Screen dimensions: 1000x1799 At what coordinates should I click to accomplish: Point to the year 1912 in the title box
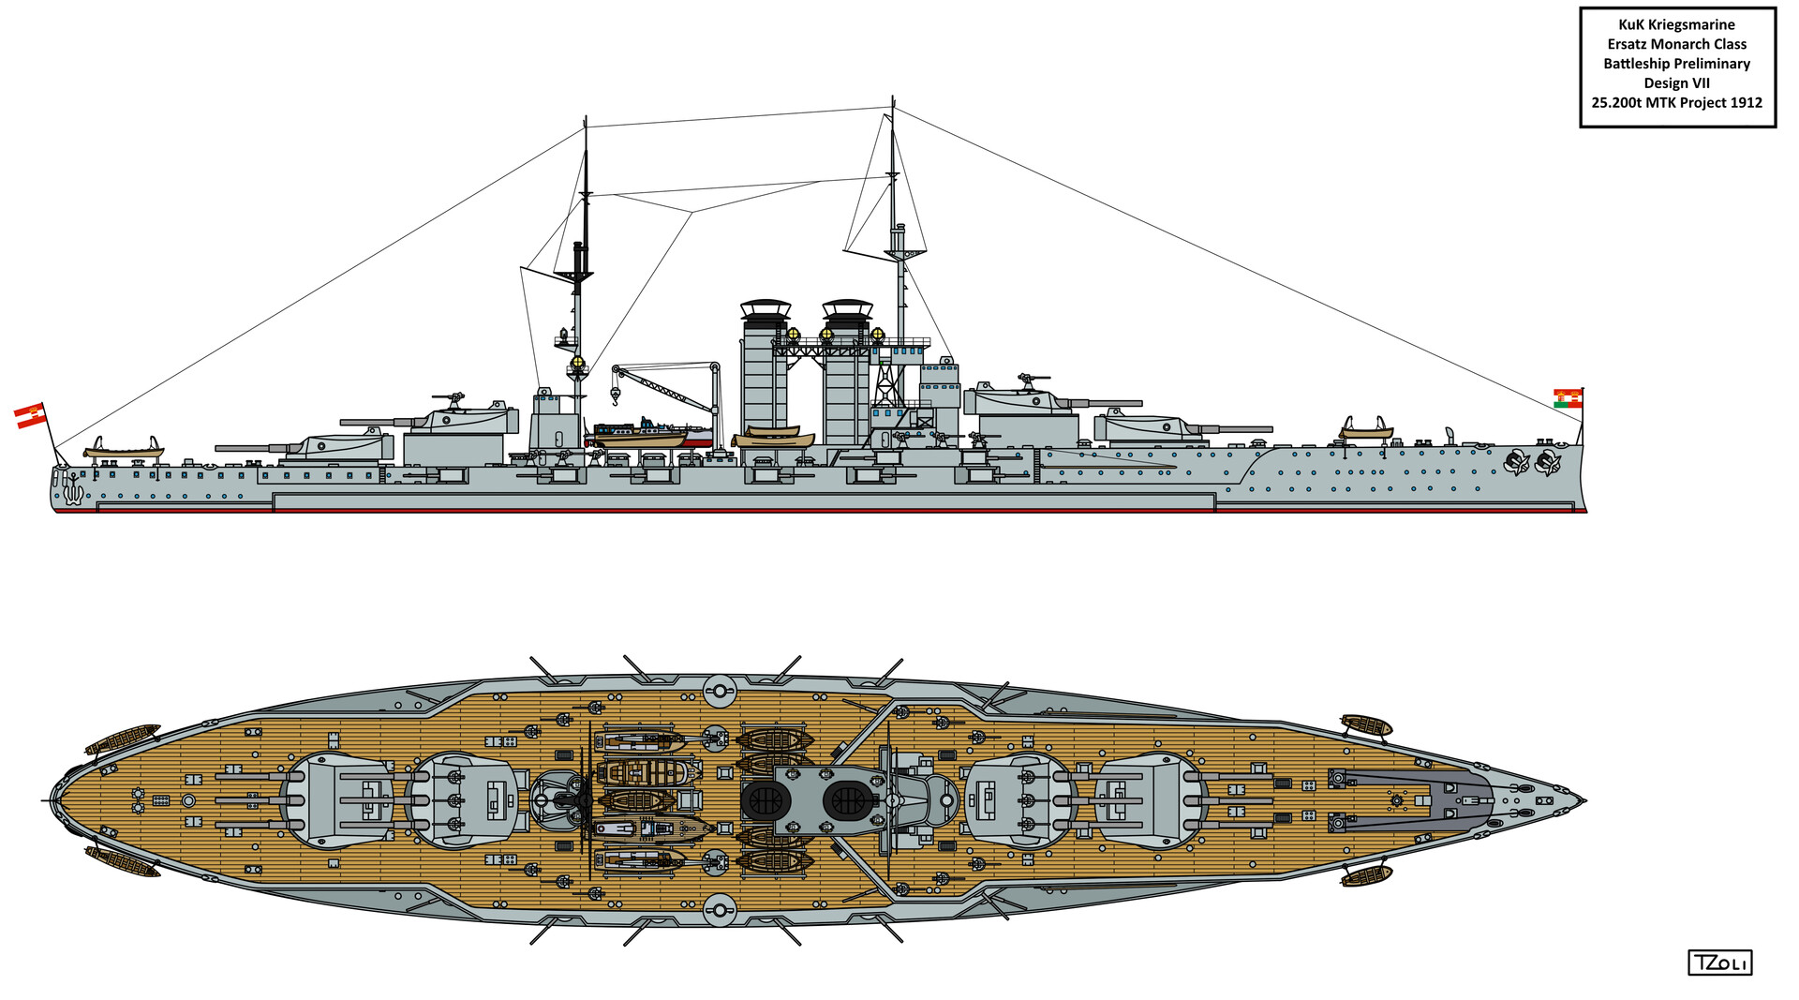pos(1746,103)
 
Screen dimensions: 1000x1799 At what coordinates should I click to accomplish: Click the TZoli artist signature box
pos(1719,963)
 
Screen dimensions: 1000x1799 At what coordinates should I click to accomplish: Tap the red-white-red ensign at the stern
pos(30,415)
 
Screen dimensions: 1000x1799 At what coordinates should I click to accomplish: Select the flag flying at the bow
pos(1567,398)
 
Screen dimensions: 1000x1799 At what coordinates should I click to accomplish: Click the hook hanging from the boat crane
pos(616,397)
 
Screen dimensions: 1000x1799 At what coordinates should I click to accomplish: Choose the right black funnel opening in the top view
pos(848,801)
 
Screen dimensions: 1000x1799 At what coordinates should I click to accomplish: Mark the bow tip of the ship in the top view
pos(1583,801)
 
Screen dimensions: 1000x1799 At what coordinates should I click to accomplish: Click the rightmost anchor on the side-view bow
pos(1547,461)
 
